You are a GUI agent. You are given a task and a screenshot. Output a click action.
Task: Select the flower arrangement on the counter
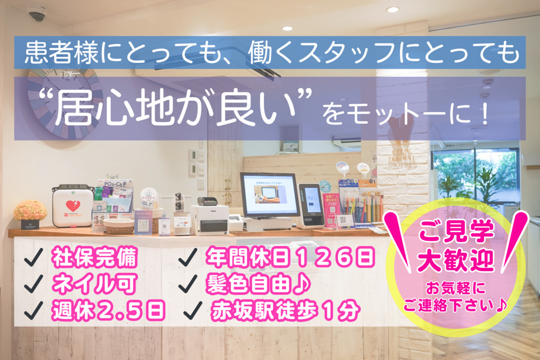(x=30, y=212)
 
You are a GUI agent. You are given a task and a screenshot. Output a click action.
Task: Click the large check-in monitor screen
(x=269, y=195)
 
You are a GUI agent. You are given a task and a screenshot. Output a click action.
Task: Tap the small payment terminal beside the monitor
(x=311, y=204)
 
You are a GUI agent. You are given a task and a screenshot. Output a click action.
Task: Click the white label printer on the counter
(x=209, y=219)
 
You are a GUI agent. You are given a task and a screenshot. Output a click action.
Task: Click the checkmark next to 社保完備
(x=34, y=260)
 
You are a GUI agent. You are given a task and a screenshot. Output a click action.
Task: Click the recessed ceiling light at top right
(x=392, y=10)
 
